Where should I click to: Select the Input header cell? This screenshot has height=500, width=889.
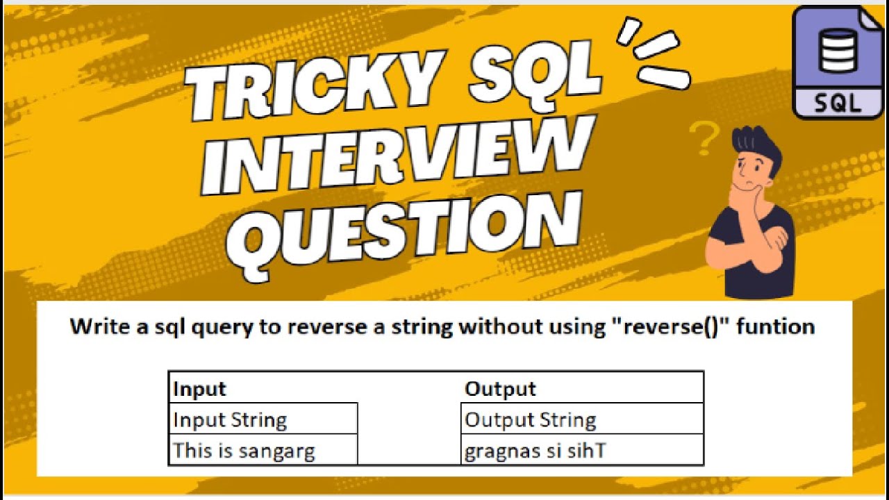point(200,388)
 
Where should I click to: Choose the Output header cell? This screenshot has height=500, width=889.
point(500,388)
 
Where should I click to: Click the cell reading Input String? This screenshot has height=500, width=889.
point(230,419)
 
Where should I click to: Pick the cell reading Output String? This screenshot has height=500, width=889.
point(531,419)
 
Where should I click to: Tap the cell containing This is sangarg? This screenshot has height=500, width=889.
point(244,451)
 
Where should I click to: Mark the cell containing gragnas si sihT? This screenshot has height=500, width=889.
point(535,451)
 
